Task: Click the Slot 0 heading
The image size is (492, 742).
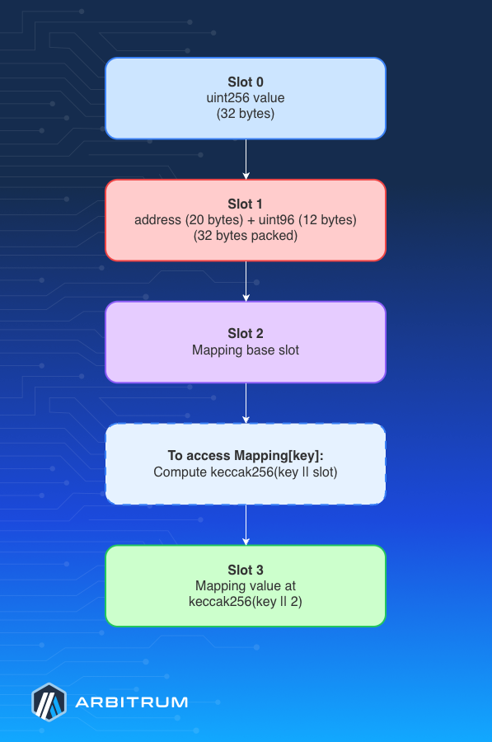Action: (246, 82)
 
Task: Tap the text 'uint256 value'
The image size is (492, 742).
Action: (246, 98)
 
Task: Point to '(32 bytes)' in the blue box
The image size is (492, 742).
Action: (246, 114)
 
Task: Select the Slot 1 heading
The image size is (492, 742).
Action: (246, 204)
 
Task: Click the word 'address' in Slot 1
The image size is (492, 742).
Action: (157, 220)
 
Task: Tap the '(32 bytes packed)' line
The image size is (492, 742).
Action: (246, 236)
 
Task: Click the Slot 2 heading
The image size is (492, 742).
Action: (246, 334)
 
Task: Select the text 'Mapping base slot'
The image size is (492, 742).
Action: (246, 350)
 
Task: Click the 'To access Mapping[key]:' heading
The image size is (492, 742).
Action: (246, 456)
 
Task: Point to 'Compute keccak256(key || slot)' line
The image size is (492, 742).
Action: (246, 472)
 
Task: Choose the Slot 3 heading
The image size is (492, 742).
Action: (246, 571)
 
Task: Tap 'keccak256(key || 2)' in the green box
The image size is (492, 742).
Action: (246, 602)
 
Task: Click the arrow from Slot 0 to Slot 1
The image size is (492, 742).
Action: (246, 159)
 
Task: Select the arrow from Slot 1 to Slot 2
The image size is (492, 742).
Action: (246, 282)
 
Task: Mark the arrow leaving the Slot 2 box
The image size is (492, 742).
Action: (246, 403)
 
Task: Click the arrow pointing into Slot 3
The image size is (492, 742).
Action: (246, 525)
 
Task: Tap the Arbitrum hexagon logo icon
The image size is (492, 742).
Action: (49, 702)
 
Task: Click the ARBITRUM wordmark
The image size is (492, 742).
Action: (132, 702)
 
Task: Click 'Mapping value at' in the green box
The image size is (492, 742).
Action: (246, 586)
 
